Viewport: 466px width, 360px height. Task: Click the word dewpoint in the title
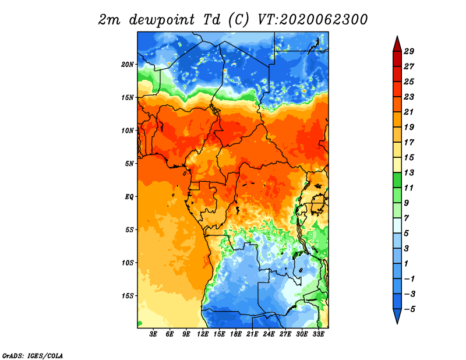tap(162, 20)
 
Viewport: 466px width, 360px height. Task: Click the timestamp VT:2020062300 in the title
tap(313, 20)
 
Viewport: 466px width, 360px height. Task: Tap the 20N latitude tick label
tap(128, 65)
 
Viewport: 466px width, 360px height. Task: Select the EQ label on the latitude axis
tap(129, 197)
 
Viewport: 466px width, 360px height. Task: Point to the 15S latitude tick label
tap(128, 296)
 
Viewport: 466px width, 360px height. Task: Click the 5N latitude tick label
tap(129, 164)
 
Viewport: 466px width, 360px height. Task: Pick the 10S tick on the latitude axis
tap(128, 263)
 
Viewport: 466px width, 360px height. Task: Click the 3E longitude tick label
tap(153, 334)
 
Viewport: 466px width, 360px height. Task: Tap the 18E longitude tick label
tap(236, 334)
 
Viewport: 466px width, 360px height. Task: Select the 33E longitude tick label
tap(318, 334)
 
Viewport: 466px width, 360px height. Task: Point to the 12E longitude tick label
tap(203, 334)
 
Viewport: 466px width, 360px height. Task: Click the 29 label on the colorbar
tap(409, 51)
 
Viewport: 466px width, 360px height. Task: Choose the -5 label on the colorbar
tap(409, 309)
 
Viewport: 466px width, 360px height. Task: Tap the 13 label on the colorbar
tap(409, 172)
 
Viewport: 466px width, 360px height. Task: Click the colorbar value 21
tap(409, 112)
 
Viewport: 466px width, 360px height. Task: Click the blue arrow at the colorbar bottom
tap(397, 315)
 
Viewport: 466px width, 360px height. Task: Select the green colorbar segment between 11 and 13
tap(397, 180)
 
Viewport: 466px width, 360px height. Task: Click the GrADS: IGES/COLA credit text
tap(33, 356)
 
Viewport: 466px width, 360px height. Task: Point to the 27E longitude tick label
tap(285, 334)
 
